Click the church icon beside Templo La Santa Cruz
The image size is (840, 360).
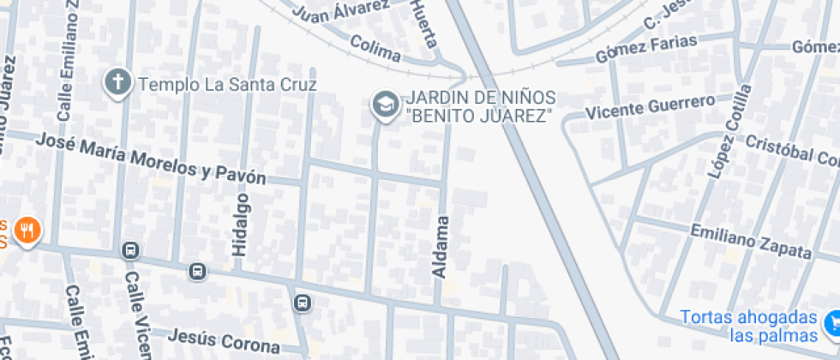click(x=117, y=83)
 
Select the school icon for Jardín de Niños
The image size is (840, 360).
click(x=384, y=105)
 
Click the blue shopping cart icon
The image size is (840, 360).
click(x=831, y=323)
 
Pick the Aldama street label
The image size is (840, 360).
click(x=441, y=247)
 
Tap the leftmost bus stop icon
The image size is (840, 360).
click(x=130, y=250)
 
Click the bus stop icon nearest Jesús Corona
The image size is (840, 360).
click(x=302, y=303)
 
